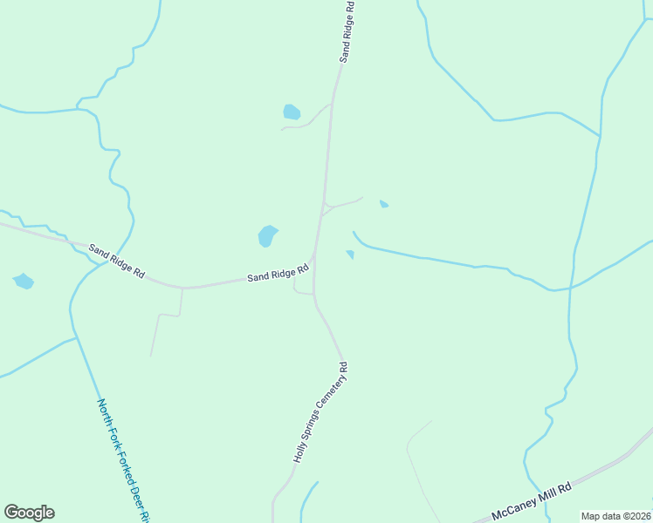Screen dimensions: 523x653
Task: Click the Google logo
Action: pos(29,513)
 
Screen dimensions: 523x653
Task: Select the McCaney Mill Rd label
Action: pos(531,501)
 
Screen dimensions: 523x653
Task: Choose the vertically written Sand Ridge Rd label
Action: pos(347,31)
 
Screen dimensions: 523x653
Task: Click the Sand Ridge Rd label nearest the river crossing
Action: pos(116,261)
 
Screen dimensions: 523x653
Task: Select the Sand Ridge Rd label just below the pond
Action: pos(278,274)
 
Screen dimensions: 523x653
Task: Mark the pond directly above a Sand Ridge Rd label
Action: pos(267,235)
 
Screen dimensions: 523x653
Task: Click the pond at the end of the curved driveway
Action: pos(292,112)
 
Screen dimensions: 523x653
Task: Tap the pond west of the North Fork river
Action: pos(24,281)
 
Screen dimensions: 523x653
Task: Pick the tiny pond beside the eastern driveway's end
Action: pos(384,204)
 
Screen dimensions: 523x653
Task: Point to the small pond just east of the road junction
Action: pos(350,255)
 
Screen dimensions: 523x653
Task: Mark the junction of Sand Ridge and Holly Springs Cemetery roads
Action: pos(314,258)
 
